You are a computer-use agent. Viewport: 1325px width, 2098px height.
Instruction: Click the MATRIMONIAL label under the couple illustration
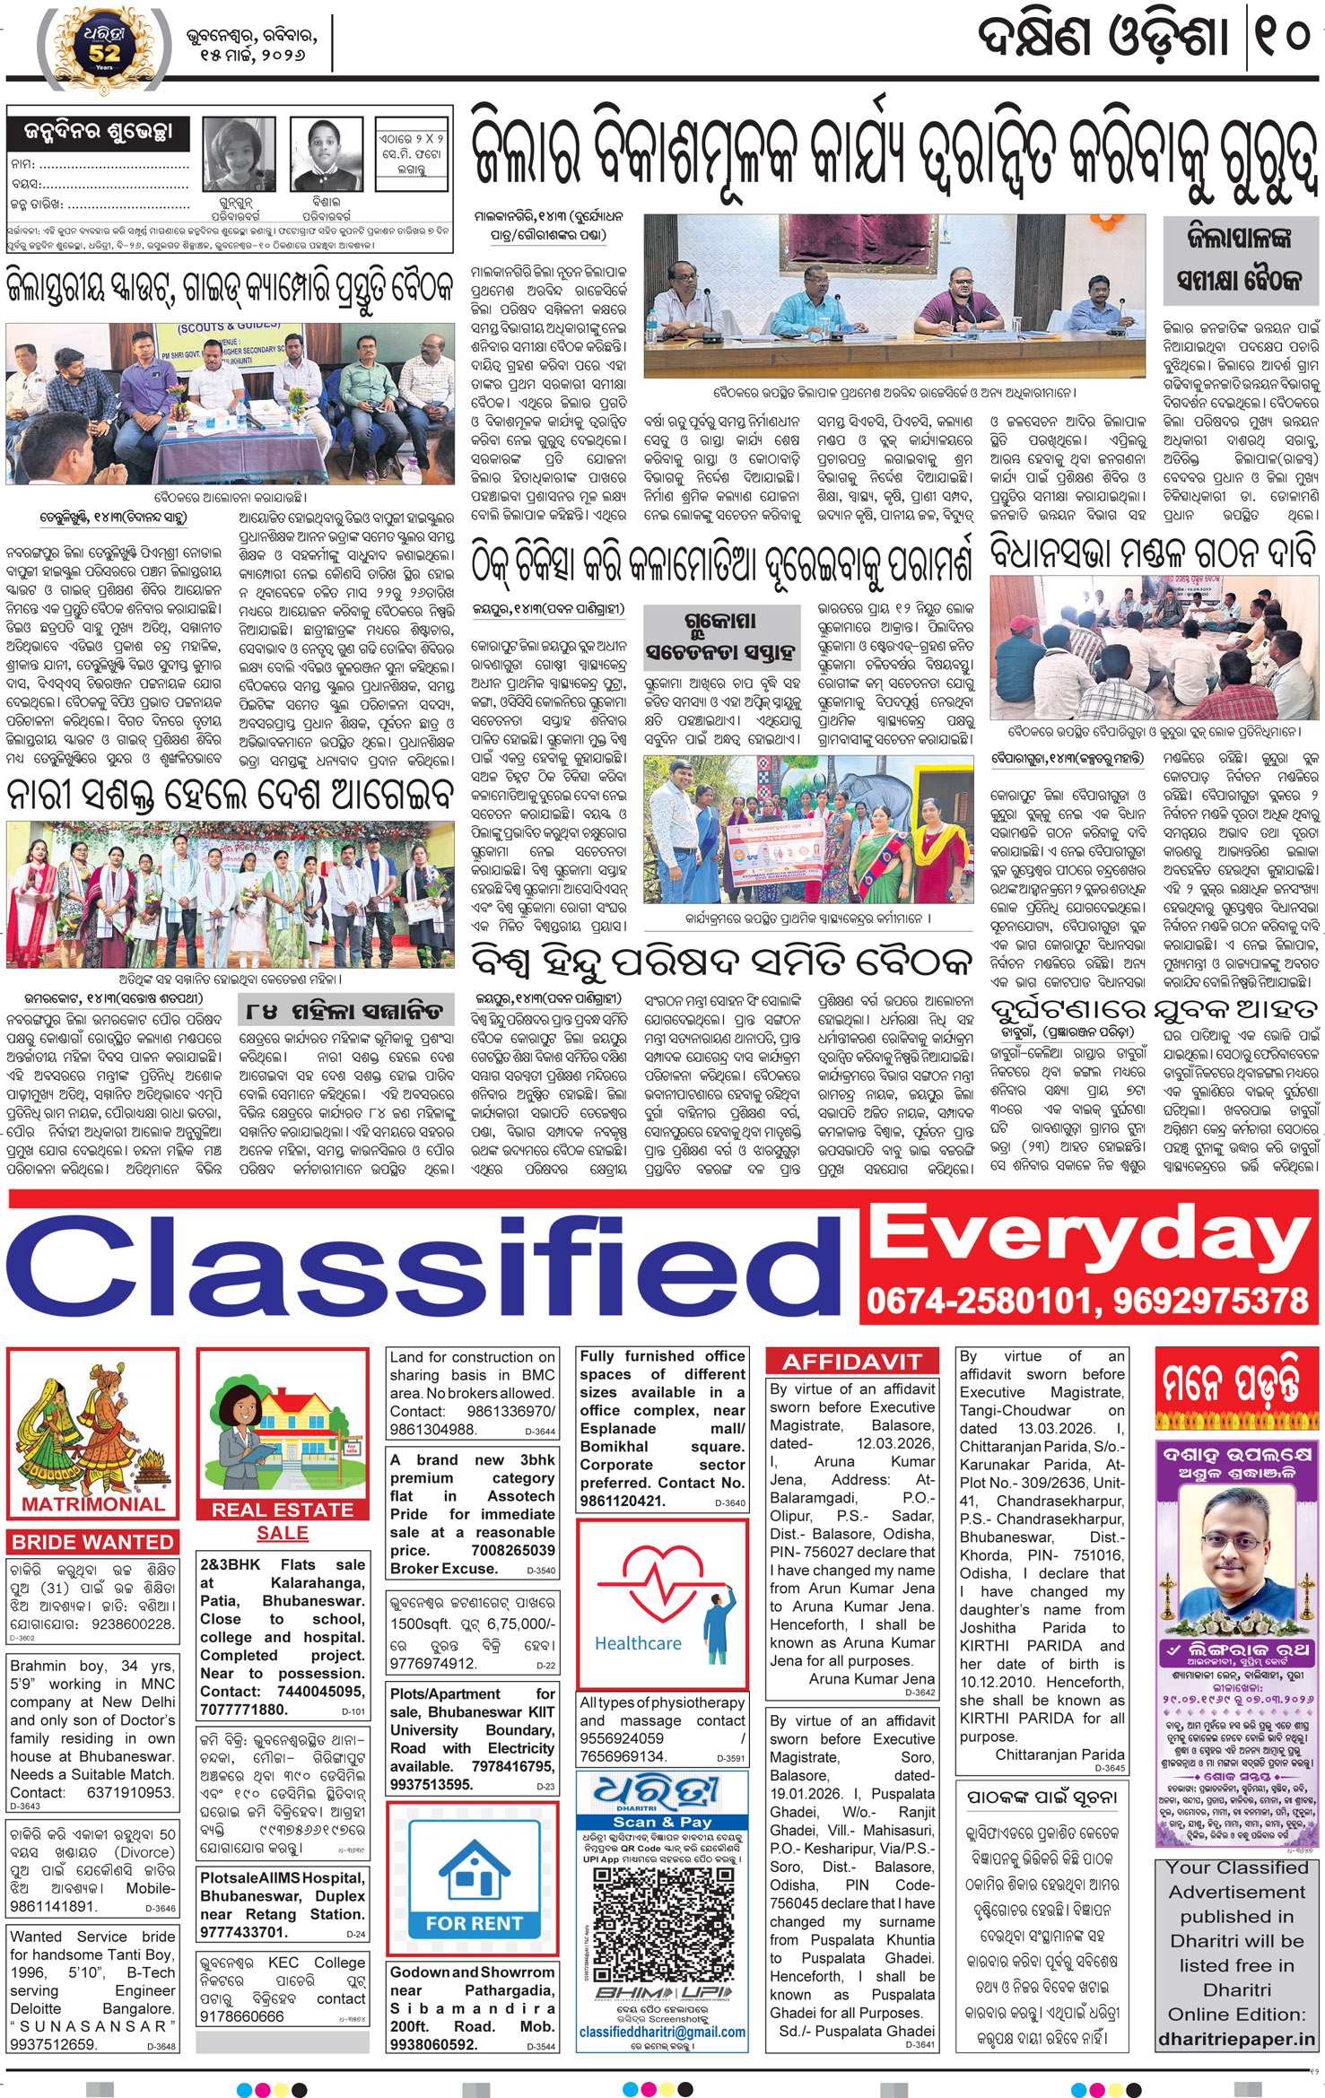[x=93, y=1503]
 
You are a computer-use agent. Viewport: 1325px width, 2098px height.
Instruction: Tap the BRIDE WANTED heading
[x=92, y=1542]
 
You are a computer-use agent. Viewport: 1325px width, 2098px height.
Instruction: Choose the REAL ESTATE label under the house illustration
[x=283, y=1510]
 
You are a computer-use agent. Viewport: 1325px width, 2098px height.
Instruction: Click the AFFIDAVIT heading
[x=851, y=1362]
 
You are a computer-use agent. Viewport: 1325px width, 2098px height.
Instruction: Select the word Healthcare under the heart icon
[x=638, y=1642]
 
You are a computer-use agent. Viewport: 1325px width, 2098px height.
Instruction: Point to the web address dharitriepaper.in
[x=1236, y=2039]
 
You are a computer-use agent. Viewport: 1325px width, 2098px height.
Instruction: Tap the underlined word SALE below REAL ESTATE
[x=283, y=1533]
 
